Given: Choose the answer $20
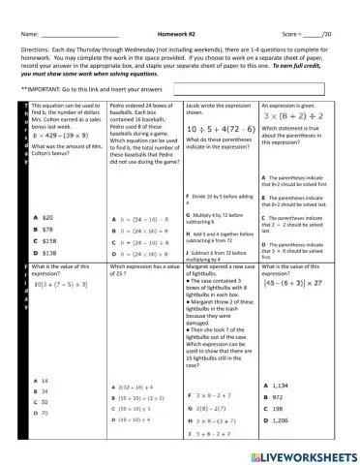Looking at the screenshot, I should (x=48, y=218).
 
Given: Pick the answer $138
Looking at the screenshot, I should (x=50, y=252).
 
